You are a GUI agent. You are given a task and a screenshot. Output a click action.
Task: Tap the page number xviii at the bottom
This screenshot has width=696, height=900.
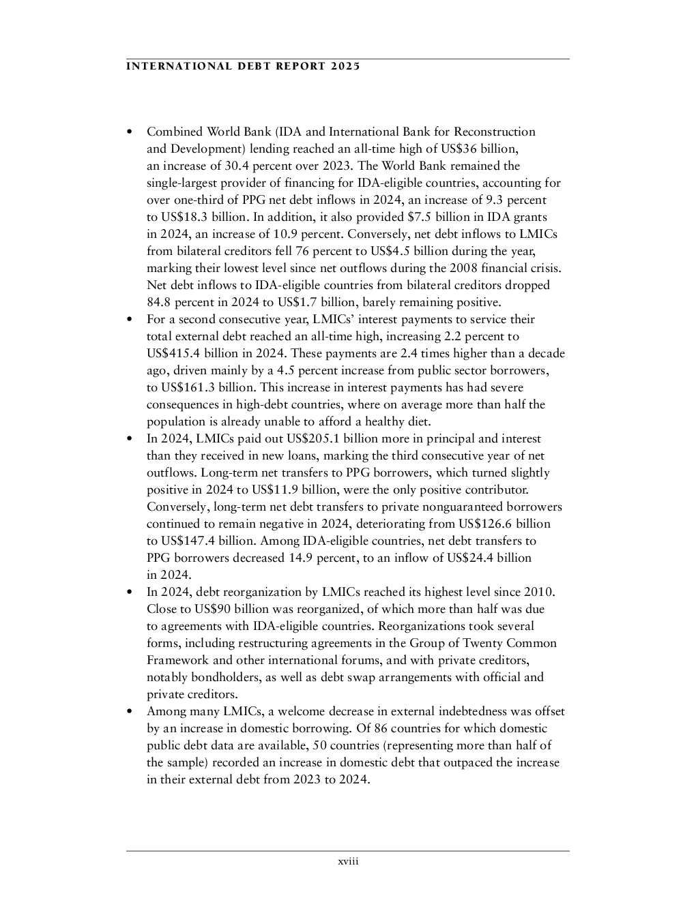coord(348,862)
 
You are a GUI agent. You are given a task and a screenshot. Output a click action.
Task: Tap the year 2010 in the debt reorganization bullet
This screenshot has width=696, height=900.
coord(538,592)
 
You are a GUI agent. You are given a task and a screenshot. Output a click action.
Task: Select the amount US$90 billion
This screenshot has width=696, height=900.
coord(229,609)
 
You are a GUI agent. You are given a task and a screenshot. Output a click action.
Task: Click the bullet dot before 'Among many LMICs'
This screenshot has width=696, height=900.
coord(130,712)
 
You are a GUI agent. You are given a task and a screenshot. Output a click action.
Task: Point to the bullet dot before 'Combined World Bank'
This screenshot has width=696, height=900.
coord(130,132)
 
